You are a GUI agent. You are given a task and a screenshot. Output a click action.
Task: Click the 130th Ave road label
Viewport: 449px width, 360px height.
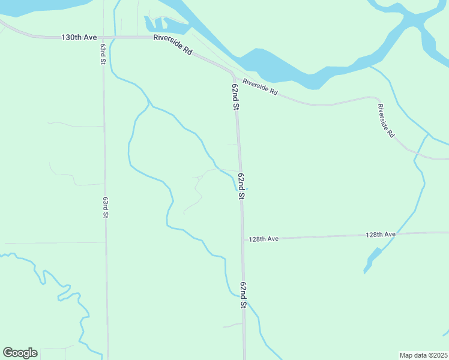(79, 37)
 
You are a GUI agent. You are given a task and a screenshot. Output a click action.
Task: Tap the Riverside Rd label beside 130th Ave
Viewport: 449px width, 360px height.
(172, 44)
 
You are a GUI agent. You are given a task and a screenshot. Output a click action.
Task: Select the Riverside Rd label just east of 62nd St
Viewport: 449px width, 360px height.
(261, 86)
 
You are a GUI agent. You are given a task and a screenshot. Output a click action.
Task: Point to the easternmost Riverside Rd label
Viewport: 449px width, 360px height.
(385, 121)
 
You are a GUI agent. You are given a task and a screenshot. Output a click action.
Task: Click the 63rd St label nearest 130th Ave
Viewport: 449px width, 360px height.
(103, 54)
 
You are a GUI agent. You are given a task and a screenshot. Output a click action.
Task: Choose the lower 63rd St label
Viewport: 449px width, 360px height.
(105, 207)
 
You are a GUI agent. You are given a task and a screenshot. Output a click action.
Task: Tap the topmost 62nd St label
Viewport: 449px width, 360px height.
(236, 97)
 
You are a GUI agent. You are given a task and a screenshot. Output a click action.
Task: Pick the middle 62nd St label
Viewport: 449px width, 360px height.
(241, 186)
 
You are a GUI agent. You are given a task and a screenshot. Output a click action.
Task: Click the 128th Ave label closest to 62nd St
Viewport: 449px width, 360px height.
(264, 239)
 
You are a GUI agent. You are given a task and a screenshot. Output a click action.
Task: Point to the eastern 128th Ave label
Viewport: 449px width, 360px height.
(381, 234)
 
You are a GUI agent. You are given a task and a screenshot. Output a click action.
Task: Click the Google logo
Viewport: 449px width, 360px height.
(20, 353)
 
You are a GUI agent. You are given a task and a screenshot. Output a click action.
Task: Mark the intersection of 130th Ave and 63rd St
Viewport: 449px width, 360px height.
(103, 37)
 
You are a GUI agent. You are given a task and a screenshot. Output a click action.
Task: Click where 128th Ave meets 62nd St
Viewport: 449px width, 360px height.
(243, 239)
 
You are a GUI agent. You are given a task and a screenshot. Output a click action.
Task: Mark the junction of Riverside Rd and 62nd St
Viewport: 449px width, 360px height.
(233, 74)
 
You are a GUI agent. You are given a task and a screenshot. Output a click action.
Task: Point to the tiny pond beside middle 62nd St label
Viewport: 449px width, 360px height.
(247, 189)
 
